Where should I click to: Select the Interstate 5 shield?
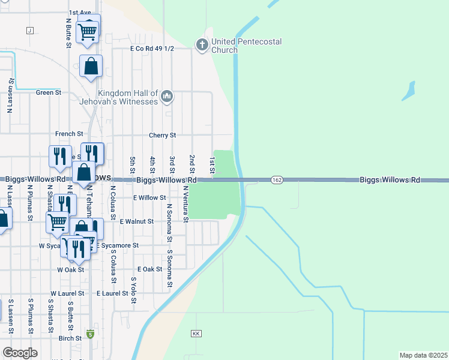point(91,334)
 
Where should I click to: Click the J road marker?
point(29,30)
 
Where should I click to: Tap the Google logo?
point(20,353)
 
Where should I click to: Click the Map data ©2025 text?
point(423,355)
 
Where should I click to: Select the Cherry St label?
point(162,136)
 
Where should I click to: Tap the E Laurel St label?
point(112,293)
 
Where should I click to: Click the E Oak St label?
point(150,269)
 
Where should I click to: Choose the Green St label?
point(49,92)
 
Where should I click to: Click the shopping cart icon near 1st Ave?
point(88,31)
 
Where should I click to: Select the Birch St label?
point(70,338)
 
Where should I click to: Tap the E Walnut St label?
point(137,221)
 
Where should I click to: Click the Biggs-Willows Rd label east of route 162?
point(390,180)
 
